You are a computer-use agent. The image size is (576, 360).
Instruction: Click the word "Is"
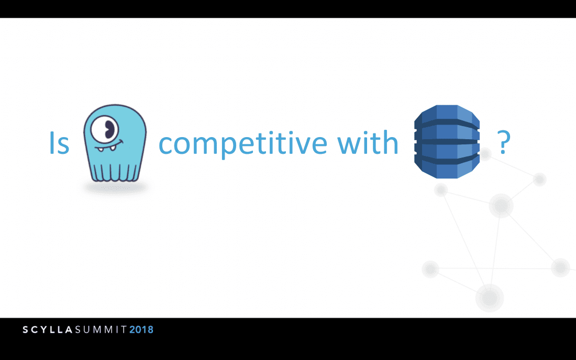coord(59,143)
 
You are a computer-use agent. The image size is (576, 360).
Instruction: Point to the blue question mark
coord(503,142)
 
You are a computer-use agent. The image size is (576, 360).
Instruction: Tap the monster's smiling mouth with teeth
coord(109,147)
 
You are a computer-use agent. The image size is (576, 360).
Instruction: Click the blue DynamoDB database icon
coord(447,142)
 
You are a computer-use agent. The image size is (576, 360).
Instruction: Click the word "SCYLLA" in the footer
coord(47,330)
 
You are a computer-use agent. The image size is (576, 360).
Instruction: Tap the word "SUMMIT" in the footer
coord(101,330)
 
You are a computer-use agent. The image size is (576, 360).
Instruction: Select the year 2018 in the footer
coord(141,330)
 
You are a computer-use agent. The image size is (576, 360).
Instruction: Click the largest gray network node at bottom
coord(490,298)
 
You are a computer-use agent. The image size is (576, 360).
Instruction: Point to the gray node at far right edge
coord(560,267)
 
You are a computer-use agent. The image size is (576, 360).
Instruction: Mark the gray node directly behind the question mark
coord(486,154)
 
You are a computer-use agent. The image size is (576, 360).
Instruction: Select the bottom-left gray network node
coord(430,269)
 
